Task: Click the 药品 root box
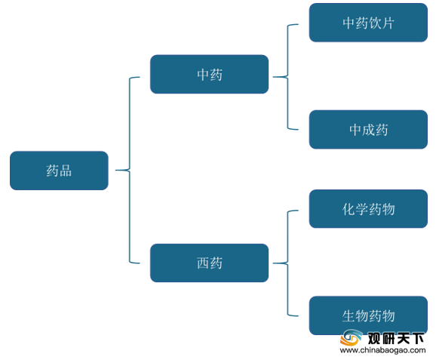click(59, 171)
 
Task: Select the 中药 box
click(210, 74)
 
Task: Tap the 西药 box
click(210, 263)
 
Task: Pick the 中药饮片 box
click(368, 23)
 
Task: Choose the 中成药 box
click(368, 129)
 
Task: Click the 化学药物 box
click(368, 209)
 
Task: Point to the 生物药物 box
click(368, 315)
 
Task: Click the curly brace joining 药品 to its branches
click(129, 170)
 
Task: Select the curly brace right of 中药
click(287, 77)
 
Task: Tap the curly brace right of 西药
click(287, 263)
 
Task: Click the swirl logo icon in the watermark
click(352, 337)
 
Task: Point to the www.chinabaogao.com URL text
click(382, 350)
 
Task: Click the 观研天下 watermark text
click(396, 338)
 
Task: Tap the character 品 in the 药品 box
click(66, 171)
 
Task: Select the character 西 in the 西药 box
click(203, 263)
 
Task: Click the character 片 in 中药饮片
click(388, 23)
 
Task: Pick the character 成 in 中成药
click(368, 130)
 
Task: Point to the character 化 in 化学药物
click(348, 209)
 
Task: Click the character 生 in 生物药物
click(348, 315)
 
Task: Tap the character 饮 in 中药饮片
click(375, 23)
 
